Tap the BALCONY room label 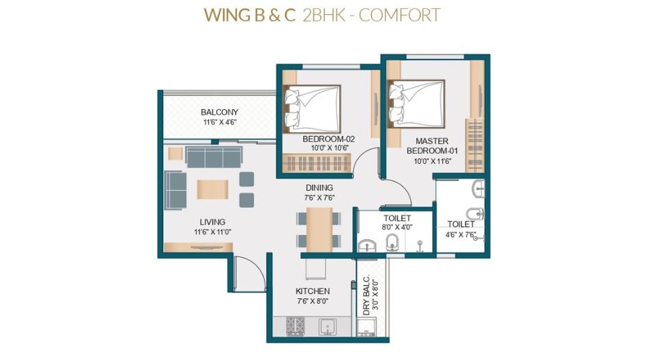click(x=219, y=112)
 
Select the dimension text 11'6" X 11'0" click(x=213, y=232)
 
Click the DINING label click(x=319, y=187)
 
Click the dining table click(x=319, y=229)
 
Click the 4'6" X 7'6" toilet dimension click(x=461, y=235)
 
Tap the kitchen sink click(x=326, y=328)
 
